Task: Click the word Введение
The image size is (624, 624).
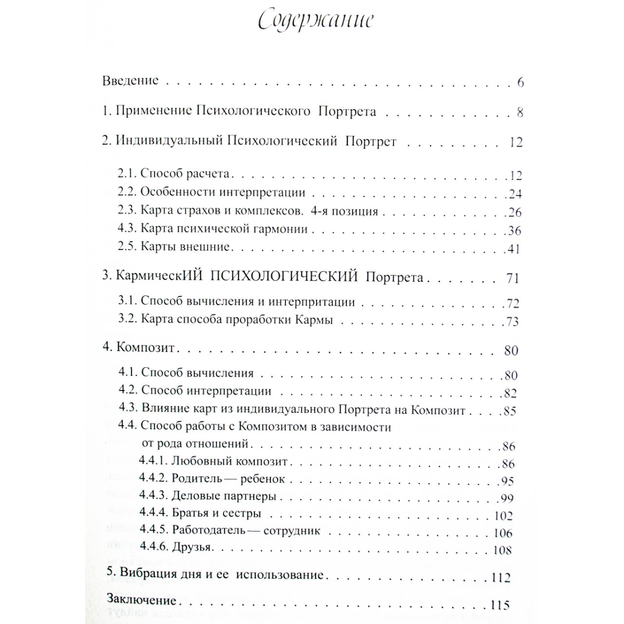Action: click(131, 81)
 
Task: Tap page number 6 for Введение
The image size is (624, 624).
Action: click(520, 83)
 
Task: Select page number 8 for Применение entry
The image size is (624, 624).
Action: click(520, 113)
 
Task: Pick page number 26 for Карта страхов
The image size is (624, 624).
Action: click(514, 213)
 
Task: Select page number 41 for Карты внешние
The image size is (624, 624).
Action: click(513, 249)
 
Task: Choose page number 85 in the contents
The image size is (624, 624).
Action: click(510, 411)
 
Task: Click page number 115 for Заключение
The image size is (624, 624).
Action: click(500, 605)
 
